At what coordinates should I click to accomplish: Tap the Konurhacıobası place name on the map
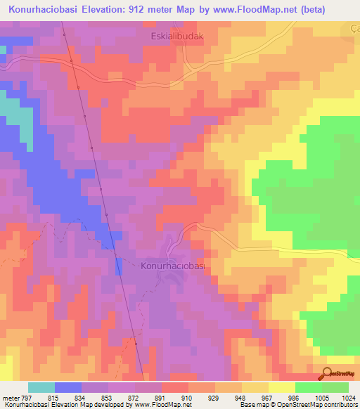pyautogui.click(x=172, y=266)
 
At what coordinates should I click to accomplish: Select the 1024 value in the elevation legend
pyautogui.click(x=349, y=397)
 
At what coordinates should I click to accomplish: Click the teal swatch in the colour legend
pyautogui.click(x=41, y=387)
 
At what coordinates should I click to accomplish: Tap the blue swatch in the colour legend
pyautogui.click(x=68, y=387)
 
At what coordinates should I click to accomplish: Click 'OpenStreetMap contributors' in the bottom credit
pyautogui.click(x=316, y=405)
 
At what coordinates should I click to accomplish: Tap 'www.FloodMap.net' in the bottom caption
pyautogui.click(x=163, y=405)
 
